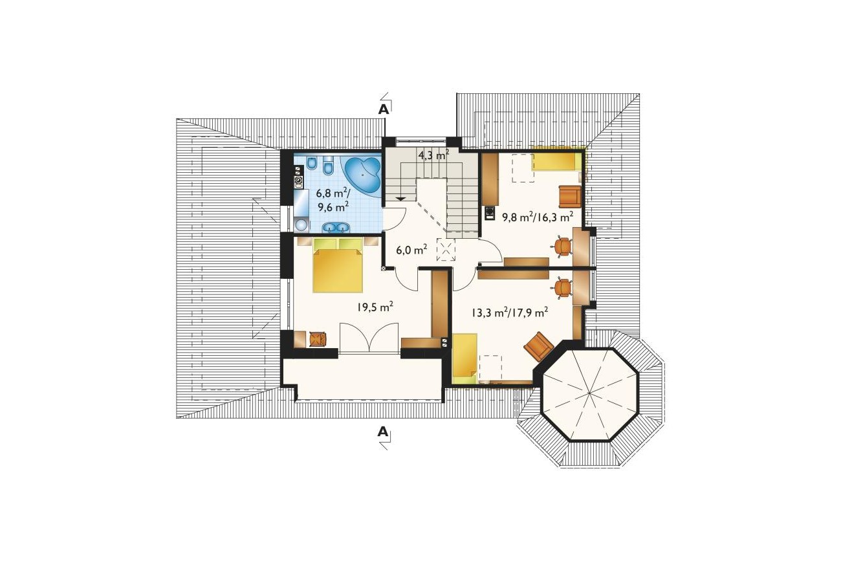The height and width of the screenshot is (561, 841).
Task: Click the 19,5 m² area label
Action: click(x=375, y=307)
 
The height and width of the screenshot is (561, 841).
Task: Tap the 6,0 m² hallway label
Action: click(x=411, y=250)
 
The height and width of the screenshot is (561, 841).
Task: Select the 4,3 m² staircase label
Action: click(x=434, y=155)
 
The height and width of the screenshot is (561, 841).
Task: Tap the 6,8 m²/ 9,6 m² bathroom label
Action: click(x=333, y=200)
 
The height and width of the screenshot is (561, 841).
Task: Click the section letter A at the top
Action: click(x=383, y=109)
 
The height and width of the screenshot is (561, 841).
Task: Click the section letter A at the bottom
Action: click(x=382, y=432)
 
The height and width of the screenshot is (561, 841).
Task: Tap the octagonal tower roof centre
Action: click(x=590, y=394)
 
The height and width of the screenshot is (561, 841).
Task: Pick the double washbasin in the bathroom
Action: click(x=336, y=227)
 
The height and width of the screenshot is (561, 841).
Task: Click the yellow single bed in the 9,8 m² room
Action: click(x=557, y=162)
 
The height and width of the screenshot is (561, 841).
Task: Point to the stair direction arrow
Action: click(x=400, y=198)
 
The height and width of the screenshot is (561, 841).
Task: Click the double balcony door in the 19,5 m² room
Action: click(x=369, y=338)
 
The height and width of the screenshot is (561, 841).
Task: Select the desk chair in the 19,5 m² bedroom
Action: click(x=318, y=338)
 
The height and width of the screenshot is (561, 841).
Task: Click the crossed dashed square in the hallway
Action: click(x=446, y=250)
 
